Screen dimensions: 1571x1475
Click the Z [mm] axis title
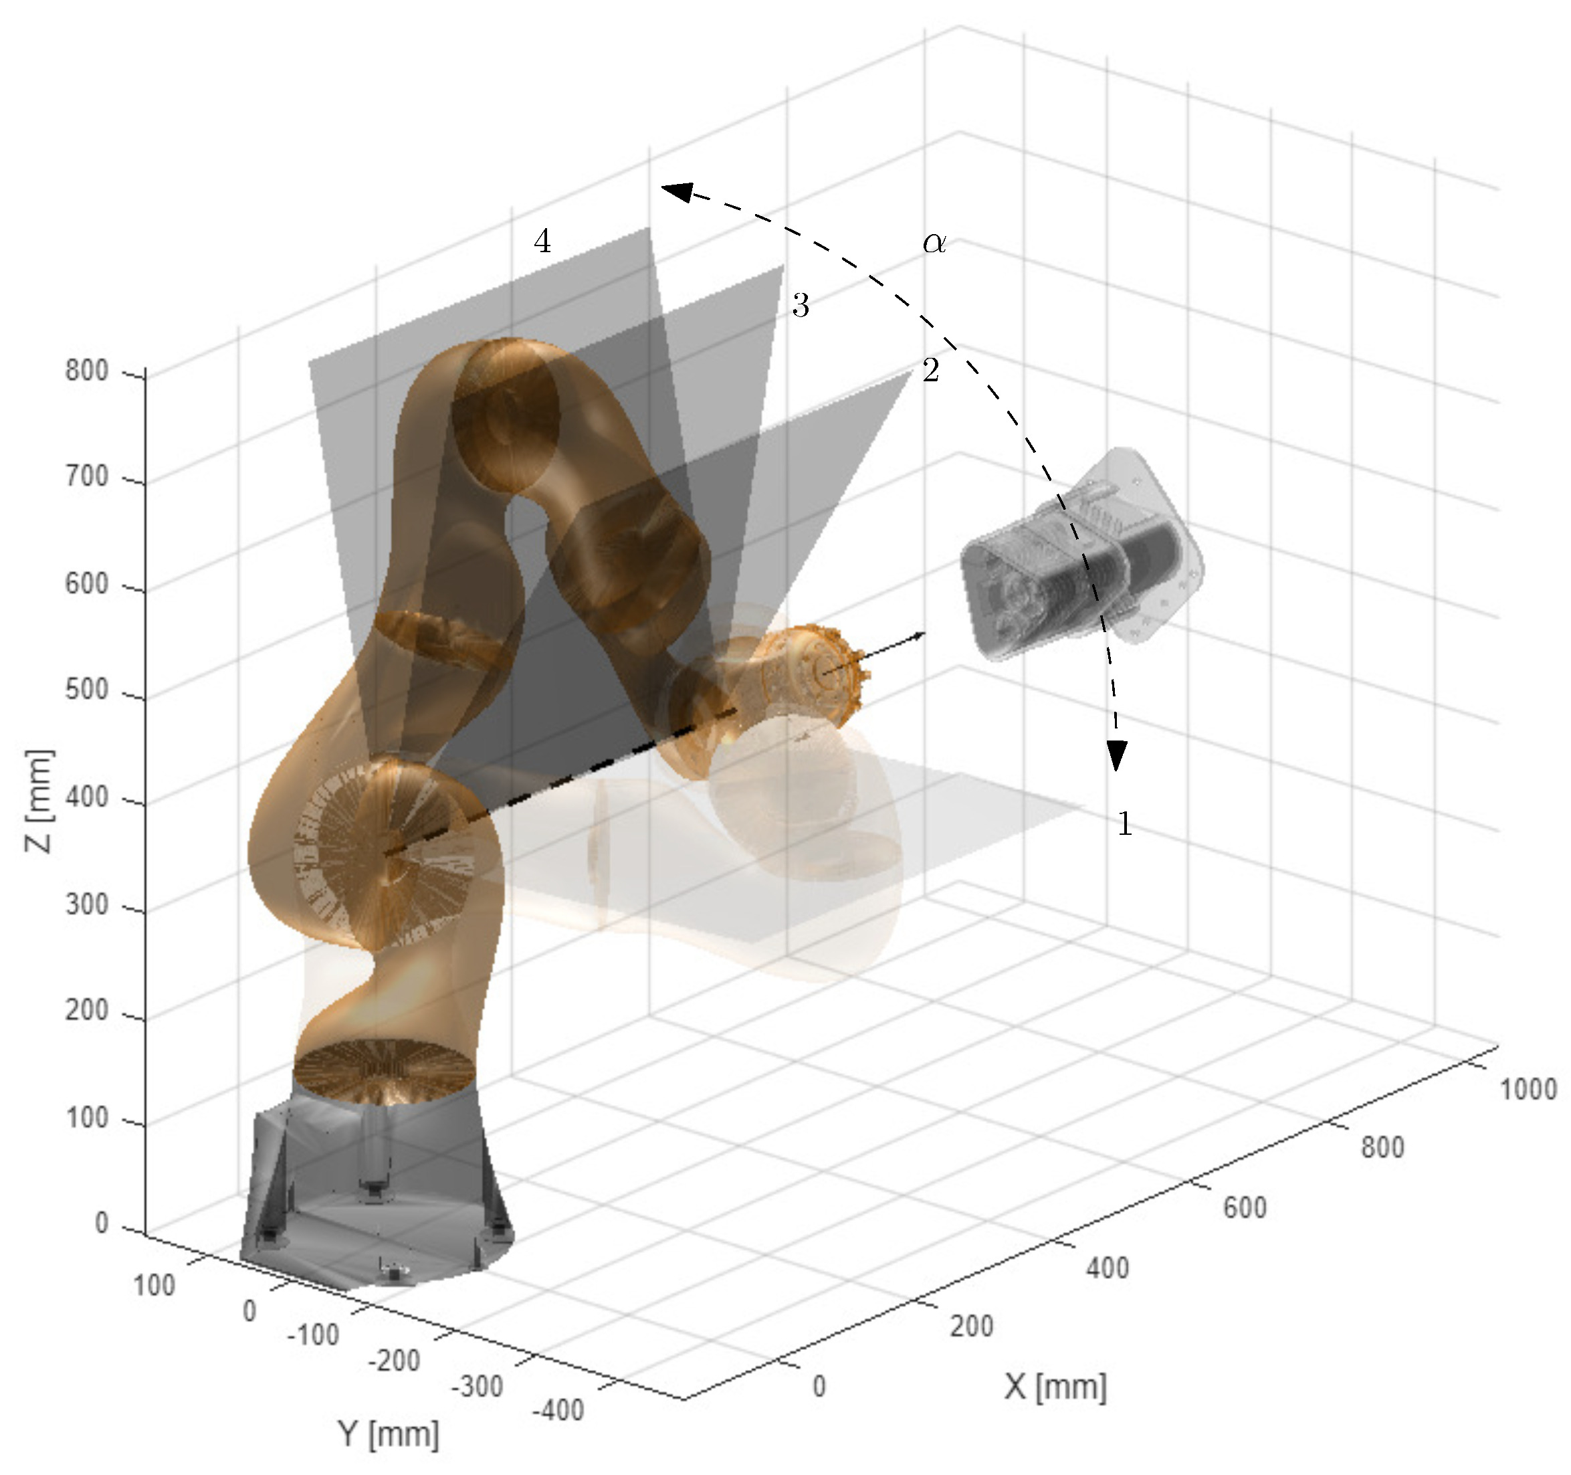[38, 801]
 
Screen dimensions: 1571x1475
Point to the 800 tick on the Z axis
[87, 370]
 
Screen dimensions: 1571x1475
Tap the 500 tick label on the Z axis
[87, 690]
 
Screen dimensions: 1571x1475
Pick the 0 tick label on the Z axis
[101, 1223]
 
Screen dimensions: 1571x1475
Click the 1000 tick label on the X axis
[1528, 1089]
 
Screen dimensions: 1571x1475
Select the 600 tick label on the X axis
[1245, 1208]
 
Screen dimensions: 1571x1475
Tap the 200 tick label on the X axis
[972, 1326]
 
